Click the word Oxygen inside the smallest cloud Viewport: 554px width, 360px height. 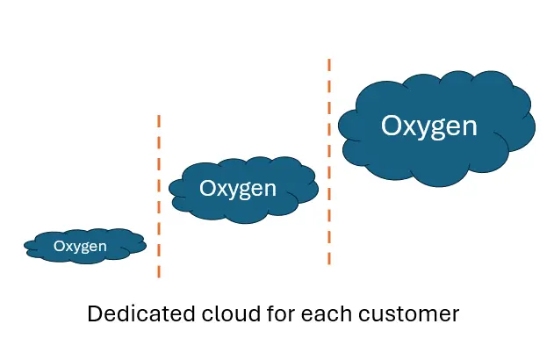pos(80,247)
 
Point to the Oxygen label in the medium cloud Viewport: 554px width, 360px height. pos(237,189)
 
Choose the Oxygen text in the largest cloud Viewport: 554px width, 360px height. pos(428,126)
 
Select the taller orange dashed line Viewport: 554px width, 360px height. pos(329,162)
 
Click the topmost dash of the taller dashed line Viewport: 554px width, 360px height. pos(329,64)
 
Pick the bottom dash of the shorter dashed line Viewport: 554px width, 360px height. pos(159,271)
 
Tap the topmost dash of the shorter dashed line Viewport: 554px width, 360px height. pos(159,119)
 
